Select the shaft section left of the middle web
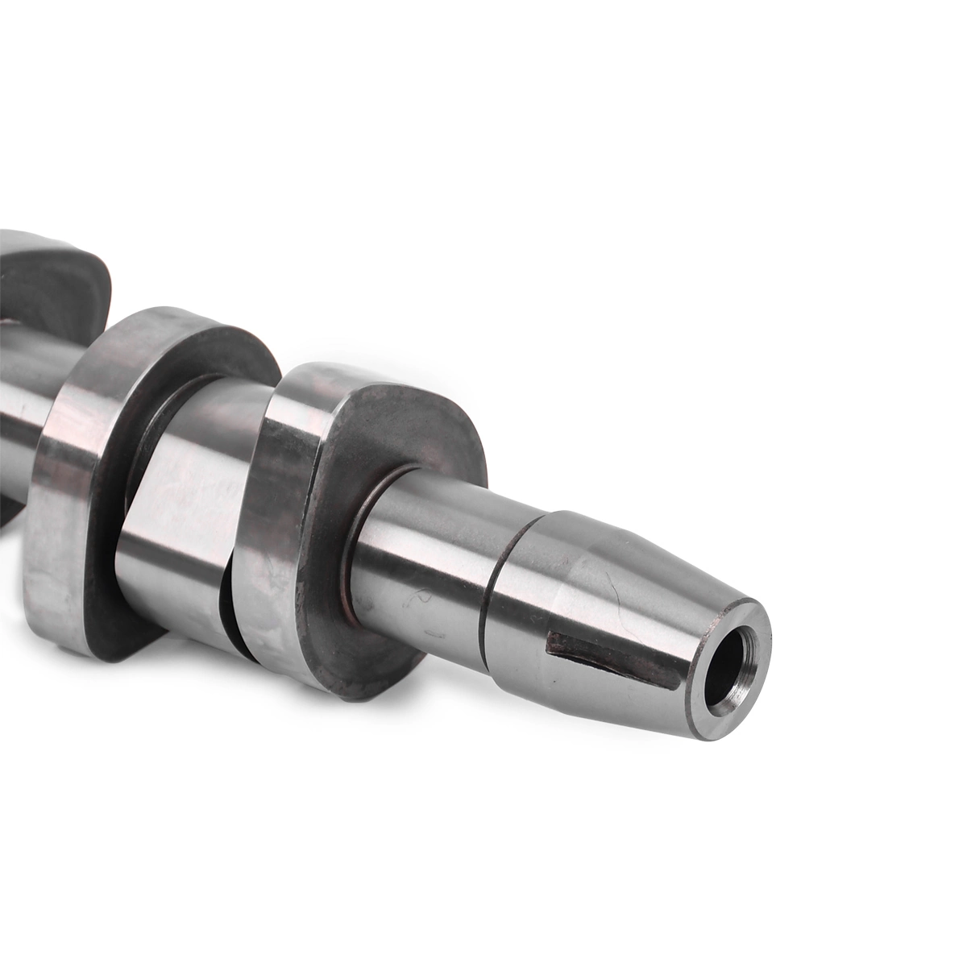[x=20, y=403]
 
